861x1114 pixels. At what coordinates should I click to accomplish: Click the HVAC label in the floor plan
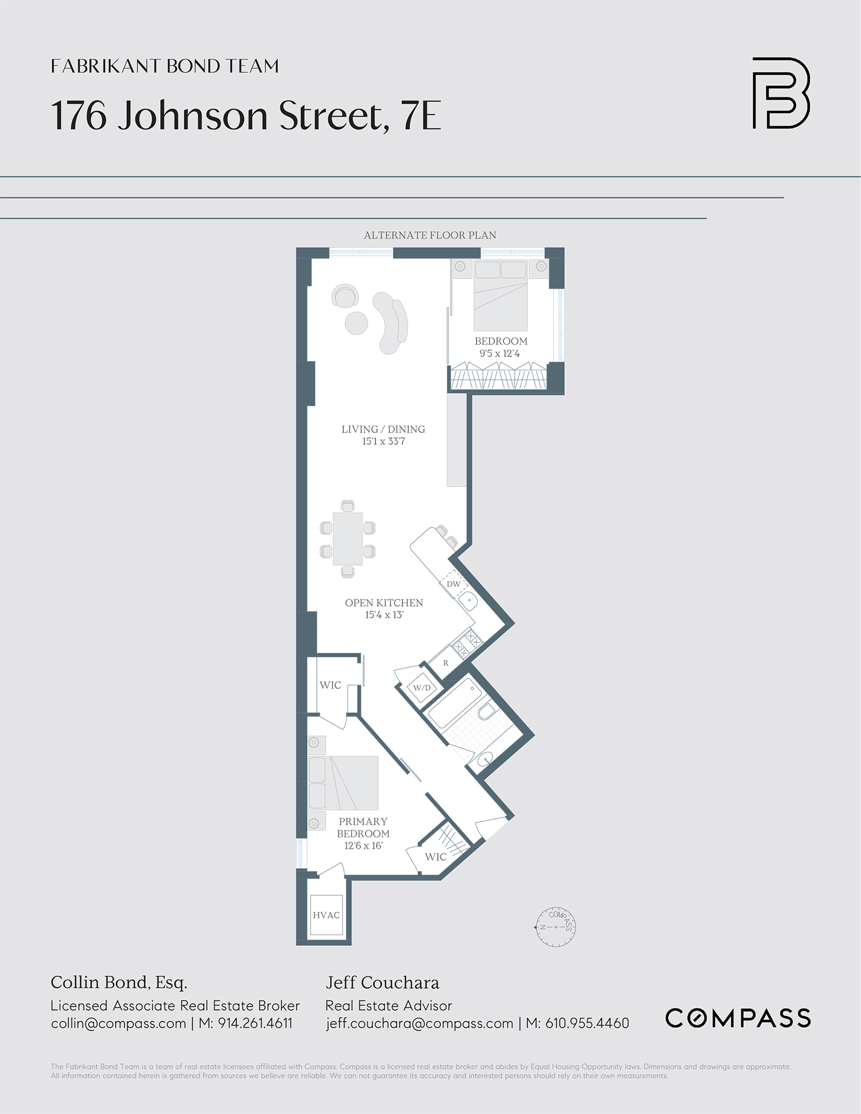(x=326, y=915)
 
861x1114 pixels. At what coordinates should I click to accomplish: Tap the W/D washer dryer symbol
(x=422, y=688)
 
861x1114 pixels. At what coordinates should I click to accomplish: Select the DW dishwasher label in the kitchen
(x=453, y=584)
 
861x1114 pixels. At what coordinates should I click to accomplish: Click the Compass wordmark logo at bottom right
(x=738, y=1018)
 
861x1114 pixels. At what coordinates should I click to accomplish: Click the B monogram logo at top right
(x=781, y=93)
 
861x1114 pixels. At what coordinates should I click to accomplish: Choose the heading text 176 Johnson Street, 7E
(x=246, y=115)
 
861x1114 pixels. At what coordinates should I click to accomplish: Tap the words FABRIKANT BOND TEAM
(x=165, y=66)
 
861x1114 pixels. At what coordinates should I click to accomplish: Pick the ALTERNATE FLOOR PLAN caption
(x=430, y=235)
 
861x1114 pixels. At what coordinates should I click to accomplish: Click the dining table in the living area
(x=348, y=538)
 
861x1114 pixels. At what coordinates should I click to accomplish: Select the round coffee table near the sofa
(x=356, y=323)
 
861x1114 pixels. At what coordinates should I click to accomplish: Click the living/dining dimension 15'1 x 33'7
(x=383, y=441)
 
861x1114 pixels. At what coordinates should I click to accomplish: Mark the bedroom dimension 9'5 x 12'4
(x=500, y=354)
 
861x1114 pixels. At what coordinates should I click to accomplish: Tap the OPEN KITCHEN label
(x=384, y=603)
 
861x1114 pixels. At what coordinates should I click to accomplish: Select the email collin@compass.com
(x=118, y=1023)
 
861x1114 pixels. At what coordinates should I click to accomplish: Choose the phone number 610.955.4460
(x=587, y=1023)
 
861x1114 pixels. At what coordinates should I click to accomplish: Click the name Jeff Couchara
(x=382, y=983)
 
